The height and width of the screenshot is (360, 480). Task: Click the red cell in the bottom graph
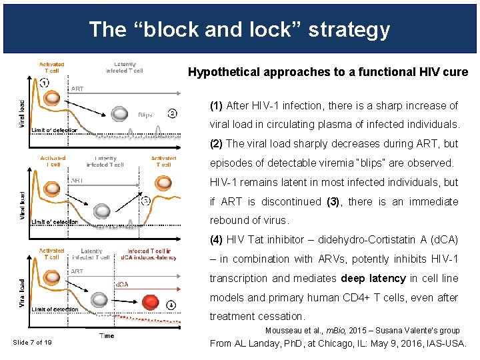tap(151, 303)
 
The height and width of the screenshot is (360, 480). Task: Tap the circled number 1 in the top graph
tap(44, 83)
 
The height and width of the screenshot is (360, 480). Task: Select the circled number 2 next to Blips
tap(172, 113)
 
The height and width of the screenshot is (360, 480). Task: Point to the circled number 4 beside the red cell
tap(171, 305)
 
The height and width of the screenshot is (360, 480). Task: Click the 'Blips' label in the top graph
tap(145, 115)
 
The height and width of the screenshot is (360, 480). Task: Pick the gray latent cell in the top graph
tap(120, 114)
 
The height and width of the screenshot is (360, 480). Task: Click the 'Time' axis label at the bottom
tap(107, 335)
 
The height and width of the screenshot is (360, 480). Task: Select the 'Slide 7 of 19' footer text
tap(33, 343)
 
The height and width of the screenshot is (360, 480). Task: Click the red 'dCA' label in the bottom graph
tap(123, 285)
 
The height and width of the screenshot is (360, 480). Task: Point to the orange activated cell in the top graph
tap(49, 99)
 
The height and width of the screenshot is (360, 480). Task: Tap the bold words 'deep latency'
tap(373, 278)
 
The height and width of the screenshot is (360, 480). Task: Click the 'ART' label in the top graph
tap(77, 89)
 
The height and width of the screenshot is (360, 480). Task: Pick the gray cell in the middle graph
tap(101, 211)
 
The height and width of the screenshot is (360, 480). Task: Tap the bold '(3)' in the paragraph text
tap(333, 201)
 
